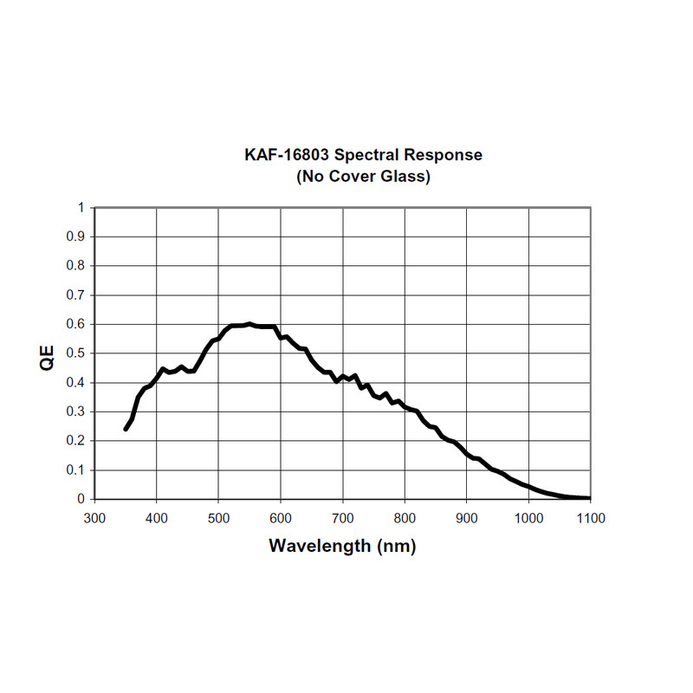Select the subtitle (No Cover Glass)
coord(363,177)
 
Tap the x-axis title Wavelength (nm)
coord(342,546)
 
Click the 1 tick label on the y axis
coord(81,208)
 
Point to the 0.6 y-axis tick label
coord(76,324)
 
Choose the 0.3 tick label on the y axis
coord(76,411)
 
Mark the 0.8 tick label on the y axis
coord(76,266)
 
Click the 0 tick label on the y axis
coord(81,499)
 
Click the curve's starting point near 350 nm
coord(126,429)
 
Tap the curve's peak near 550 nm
coord(249,324)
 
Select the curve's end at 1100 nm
coord(590,498)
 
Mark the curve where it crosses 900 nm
coord(467,453)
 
